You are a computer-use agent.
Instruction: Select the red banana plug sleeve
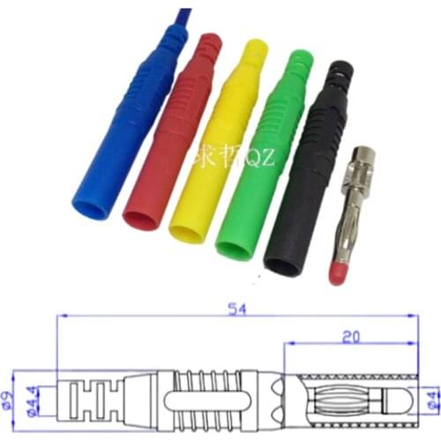(176, 132)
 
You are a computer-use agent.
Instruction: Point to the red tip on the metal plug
(336, 273)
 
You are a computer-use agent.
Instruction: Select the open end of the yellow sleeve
(186, 232)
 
